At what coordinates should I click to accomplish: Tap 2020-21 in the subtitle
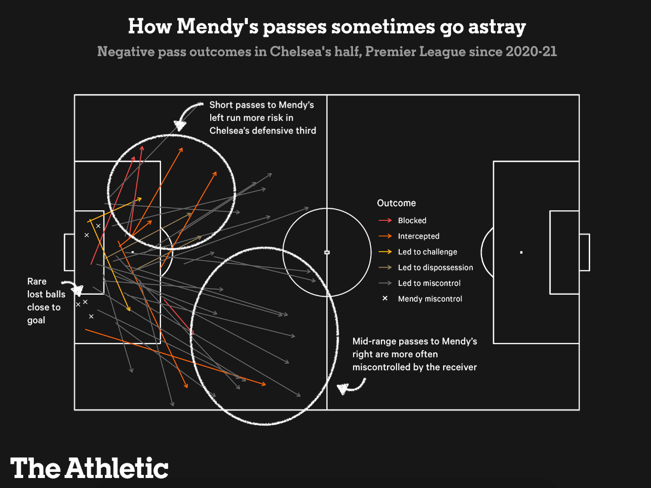(x=531, y=51)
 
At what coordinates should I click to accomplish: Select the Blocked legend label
(x=412, y=220)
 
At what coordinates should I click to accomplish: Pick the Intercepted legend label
(x=419, y=236)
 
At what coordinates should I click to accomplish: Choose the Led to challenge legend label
(x=428, y=252)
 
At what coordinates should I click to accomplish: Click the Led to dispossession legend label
(x=435, y=268)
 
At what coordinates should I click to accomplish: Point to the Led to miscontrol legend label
(x=429, y=283)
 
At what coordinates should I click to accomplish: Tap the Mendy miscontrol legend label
(x=430, y=299)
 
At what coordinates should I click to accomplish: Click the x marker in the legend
(x=385, y=298)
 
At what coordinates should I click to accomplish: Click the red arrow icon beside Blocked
(x=385, y=220)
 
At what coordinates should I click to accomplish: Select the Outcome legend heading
(x=396, y=203)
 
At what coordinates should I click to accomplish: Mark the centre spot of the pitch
(x=327, y=252)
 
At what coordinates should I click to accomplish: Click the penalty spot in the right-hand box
(x=521, y=252)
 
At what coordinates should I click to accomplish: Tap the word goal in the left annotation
(x=36, y=320)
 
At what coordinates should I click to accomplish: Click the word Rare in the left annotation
(x=37, y=281)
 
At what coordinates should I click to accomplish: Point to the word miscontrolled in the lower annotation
(x=381, y=367)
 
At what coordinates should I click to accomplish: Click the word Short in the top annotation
(x=221, y=105)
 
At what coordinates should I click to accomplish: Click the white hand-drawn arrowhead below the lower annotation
(x=343, y=389)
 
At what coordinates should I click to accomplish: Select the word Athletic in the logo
(x=117, y=468)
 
